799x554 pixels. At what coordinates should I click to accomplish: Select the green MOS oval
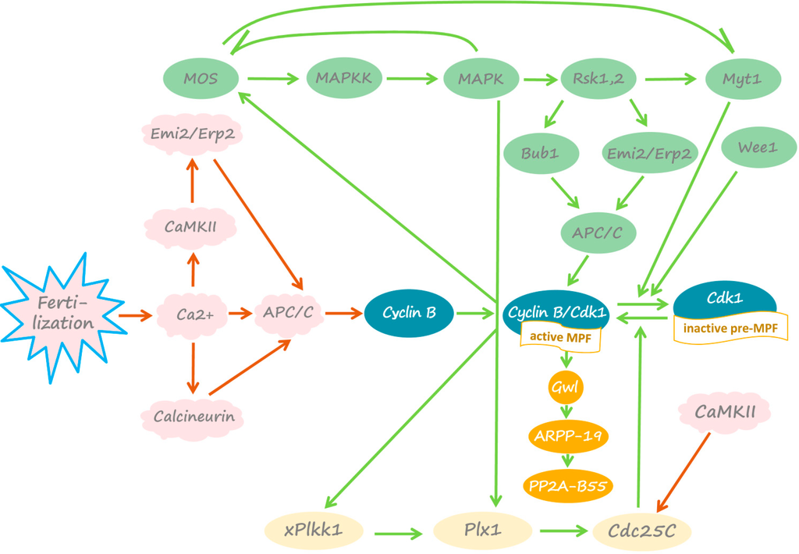coord(201,79)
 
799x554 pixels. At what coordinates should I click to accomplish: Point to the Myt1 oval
coord(743,79)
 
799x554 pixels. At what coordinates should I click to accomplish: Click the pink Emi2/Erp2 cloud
coord(190,135)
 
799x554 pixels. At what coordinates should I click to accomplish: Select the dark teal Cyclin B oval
coord(409,313)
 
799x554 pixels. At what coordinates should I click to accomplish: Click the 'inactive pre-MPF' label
coord(730,328)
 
